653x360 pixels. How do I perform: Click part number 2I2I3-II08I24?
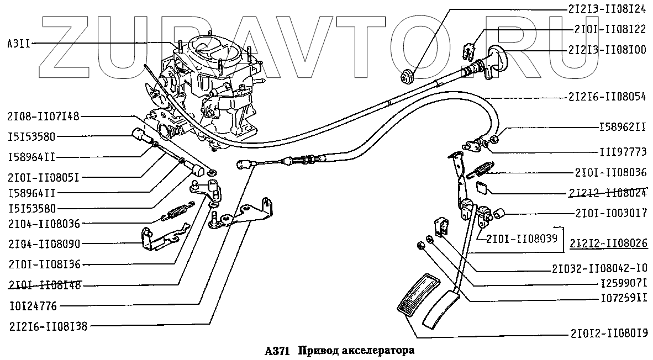coord(607,9)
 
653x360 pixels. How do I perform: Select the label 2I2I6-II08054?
coord(607,97)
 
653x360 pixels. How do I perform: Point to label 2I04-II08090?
coord(44,243)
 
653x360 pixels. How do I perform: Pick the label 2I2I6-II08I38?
coord(44,326)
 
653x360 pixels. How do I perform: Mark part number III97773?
coord(623,151)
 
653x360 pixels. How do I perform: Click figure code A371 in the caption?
coord(277,351)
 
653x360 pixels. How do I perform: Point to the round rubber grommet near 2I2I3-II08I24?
coord(408,75)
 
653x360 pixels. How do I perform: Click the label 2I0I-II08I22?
coord(610,29)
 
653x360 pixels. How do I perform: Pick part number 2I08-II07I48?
coord(44,117)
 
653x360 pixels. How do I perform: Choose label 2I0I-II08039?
coord(522,238)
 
